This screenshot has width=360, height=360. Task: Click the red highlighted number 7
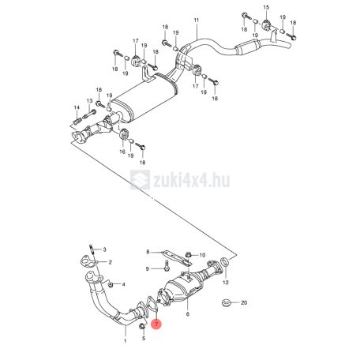(156, 324)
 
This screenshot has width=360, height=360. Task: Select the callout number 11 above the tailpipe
(197, 20)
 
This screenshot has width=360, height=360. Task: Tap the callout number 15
(266, 7)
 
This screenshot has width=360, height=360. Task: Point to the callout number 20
(244, 302)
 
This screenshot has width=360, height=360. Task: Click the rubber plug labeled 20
(226, 303)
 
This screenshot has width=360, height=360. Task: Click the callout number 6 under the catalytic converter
(188, 314)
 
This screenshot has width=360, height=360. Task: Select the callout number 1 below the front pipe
(126, 341)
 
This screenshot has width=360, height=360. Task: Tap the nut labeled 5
(141, 327)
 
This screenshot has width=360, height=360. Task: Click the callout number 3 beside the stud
(104, 249)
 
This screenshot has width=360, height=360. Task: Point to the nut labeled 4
(111, 284)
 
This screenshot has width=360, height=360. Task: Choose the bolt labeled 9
(167, 265)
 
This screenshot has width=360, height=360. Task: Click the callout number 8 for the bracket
(148, 252)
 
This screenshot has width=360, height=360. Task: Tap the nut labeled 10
(189, 254)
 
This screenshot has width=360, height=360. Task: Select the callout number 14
(77, 107)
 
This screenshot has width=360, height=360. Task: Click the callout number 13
(90, 101)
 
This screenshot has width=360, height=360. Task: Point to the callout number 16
(122, 152)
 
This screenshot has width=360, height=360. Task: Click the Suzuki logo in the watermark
(141, 180)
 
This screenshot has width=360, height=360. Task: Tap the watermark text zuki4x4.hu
(192, 180)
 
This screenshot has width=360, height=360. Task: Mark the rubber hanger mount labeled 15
(266, 25)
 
